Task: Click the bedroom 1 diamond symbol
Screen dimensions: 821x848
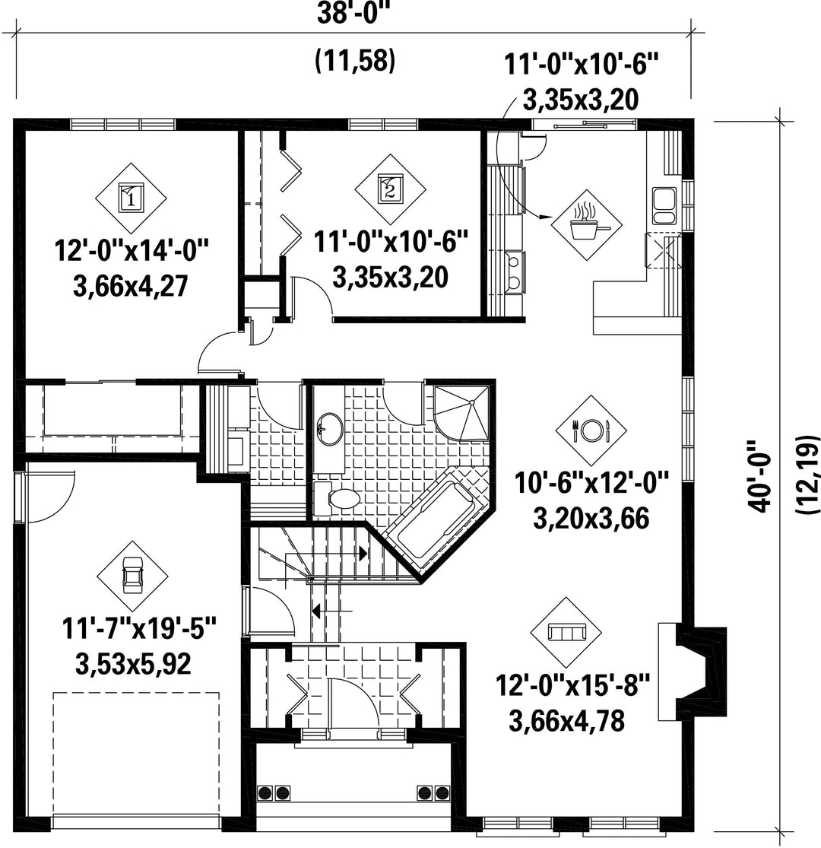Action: click(x=131, y=198)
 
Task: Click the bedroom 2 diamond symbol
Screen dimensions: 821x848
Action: click(x=390, y=189)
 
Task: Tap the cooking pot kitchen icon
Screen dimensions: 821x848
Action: click(x=586, y=224)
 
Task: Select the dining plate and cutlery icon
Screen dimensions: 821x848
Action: click(x=591, y=430)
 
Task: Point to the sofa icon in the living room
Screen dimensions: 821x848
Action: click(x=566, y=632)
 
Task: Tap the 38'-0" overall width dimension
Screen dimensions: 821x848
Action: click(x=353, y=14)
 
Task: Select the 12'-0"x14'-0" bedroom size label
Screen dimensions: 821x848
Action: click(x=132, y=250)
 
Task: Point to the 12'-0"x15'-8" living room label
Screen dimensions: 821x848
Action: click(x=573, y=685)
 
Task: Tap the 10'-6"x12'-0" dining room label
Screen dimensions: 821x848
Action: click(x=591, y=482)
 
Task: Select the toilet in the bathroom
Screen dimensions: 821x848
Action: click(x=336, y=499)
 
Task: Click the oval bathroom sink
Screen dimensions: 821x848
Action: click(x=330, y=430)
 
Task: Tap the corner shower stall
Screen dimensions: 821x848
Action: click(x=463, y=413)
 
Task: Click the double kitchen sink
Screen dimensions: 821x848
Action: click(x=664, y=206)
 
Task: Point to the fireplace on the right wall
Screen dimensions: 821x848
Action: click(x=692, y=672)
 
